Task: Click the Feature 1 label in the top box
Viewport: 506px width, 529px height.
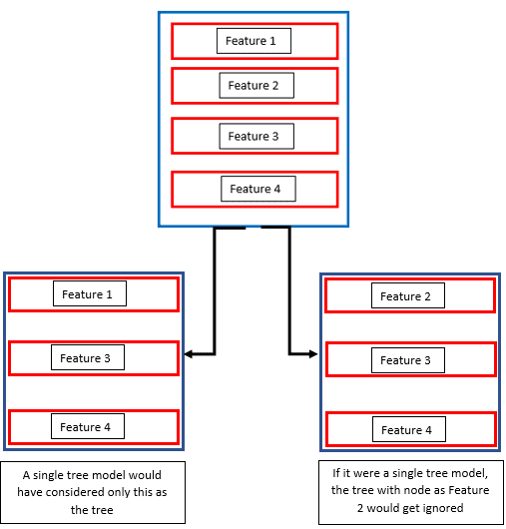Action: (x=251, y=41)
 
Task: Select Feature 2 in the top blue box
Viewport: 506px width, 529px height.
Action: (x=253, y=86)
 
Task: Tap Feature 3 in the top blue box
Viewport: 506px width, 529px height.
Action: (x=253, y=137)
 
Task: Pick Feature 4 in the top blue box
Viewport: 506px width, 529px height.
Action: (x=255, y=189)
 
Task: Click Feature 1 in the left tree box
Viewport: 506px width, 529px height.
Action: (x=87, y=294)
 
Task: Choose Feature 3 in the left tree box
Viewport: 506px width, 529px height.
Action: (x=85, y=358)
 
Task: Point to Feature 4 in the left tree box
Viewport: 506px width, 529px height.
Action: (x=85, y=427)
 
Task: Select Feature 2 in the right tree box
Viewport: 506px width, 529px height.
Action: (x=405, y=296)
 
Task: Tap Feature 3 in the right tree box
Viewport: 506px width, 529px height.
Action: (x=405, y=360)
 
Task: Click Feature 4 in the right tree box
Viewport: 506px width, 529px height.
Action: (x=406, y=430)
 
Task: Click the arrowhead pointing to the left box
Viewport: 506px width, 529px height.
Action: (x=188, y=354)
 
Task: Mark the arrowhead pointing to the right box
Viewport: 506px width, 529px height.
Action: (x=313, y=354)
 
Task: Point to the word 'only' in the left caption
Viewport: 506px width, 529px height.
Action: (x=119, y=492)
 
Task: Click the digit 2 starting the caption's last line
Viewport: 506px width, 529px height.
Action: (x=360, y=508)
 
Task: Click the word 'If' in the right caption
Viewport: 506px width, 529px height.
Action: (x=336, y=473)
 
